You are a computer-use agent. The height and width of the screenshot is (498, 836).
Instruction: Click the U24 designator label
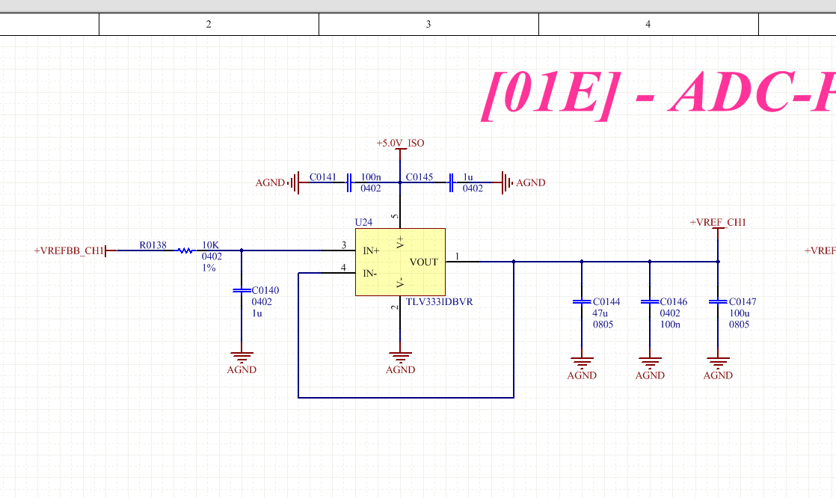click(x=363, y=223)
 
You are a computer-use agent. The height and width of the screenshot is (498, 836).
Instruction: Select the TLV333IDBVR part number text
click(x=440, y=303)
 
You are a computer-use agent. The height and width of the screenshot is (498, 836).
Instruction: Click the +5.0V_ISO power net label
click(x=400, y=143)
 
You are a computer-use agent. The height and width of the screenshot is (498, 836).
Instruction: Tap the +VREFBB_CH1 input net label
click(x=69, y=250)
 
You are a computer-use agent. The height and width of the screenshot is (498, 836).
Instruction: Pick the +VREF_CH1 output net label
click(x=718, y=222)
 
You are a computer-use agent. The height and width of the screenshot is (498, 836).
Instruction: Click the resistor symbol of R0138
click(x=185, y=250)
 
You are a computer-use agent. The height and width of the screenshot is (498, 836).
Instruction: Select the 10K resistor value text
click(x=210, y=245)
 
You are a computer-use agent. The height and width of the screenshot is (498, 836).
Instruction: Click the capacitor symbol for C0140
click(x=241, y=289)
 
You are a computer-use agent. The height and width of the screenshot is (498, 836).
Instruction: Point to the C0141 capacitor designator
click(x=323, y=177)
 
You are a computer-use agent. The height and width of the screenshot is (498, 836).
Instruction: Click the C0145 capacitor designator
click(x=419, y=177)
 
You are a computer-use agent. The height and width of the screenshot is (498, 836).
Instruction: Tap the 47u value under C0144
click(x=600, y=313)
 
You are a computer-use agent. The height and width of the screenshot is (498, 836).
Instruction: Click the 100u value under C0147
click(x=740, y=313)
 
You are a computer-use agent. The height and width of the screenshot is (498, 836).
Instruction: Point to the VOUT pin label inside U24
click(x=423, y=262)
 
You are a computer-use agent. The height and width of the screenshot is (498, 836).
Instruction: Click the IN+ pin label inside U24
click(x=371, y=251)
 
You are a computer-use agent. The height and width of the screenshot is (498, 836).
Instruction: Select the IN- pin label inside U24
click(x=370, y=274)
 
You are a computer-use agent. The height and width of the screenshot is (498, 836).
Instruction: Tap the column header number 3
click(x=428, y=24)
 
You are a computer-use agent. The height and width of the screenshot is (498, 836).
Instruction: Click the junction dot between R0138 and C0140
click(x=241, y=250)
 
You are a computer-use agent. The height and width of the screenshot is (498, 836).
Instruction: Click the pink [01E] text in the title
click(x=550, y=93)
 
